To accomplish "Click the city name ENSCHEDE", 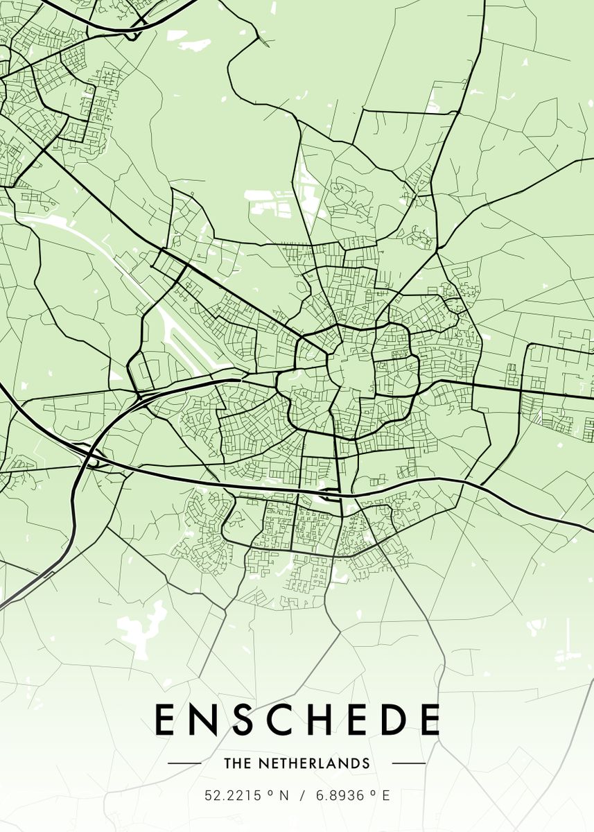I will coord(297,719).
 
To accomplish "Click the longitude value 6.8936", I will coord(341,795).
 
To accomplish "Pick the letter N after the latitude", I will coord(283,795).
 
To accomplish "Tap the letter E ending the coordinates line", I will coord(386,795).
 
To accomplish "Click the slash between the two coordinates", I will coord(302,795).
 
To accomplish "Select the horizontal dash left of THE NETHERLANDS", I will coord(184,763).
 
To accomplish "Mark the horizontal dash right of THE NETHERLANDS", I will coord(409,763).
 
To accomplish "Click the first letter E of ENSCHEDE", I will coord(164,719).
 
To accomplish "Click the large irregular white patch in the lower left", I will coord(142,627).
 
